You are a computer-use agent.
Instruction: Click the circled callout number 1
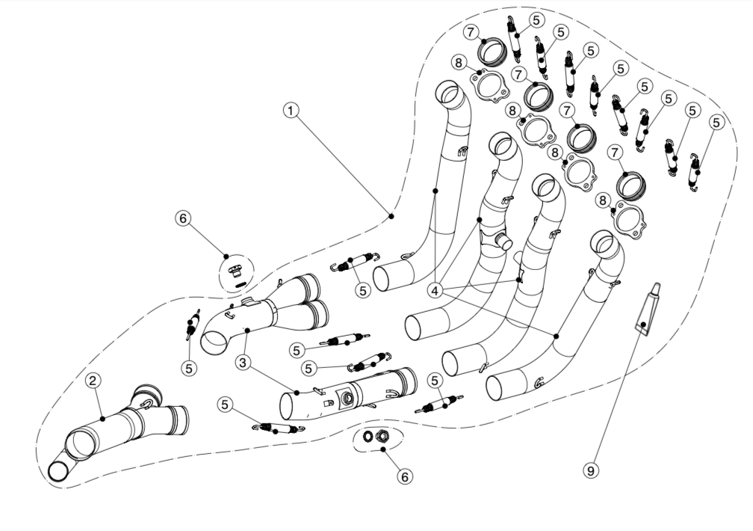coord(291,109)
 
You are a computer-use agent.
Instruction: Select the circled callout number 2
coord(93,381)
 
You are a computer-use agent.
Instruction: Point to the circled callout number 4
coord(436,288)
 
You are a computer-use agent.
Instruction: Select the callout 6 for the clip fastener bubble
coord(183,218)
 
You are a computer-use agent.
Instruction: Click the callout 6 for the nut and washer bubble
coord(404,476)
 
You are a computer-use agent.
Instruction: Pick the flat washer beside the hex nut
coord(368,436)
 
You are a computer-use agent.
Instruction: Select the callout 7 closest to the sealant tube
coord(616,153)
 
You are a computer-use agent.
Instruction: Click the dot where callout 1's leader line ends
coord(391,215)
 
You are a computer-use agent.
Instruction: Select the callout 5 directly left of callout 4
coord(363,289)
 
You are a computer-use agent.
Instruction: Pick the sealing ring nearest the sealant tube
coord(633,184)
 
